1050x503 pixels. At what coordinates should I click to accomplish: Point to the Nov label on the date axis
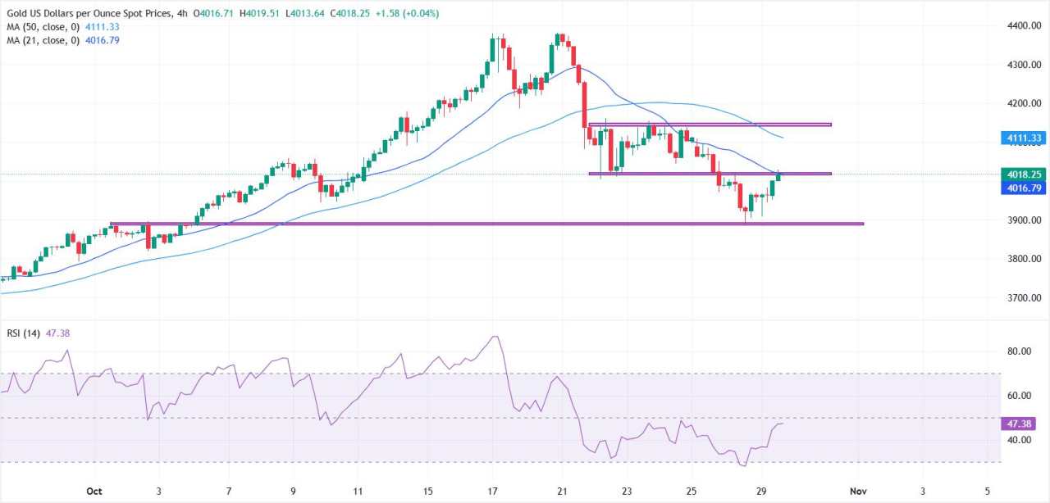tap(857, 492)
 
